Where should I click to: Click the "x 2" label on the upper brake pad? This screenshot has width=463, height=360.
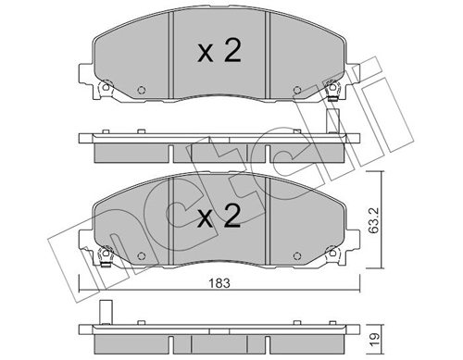click(219, 52)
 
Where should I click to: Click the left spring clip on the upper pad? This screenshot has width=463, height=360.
click(105, 90)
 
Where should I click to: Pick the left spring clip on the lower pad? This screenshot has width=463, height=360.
click(105, 258)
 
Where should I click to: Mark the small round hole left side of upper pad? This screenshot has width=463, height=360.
click(140, 91)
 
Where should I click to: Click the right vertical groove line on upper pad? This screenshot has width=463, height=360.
click(269, 56)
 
